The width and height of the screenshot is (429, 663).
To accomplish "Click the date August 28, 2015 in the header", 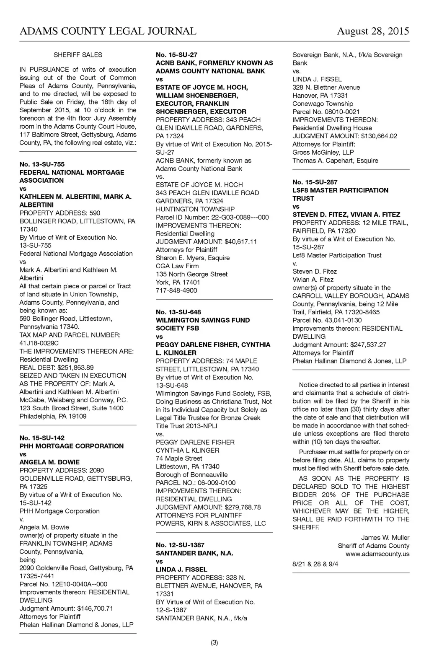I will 373,31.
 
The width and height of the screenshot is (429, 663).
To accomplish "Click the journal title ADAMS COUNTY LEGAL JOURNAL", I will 108,31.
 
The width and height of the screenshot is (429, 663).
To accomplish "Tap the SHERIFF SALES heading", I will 78,55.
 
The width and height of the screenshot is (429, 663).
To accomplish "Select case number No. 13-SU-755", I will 42,164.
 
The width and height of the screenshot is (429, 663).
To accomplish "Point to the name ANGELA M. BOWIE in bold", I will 49,462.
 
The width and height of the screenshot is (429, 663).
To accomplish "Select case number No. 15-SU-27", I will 176,55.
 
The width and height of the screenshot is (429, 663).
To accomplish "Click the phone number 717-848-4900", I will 176,290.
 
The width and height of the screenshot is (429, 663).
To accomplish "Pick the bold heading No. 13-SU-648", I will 178,312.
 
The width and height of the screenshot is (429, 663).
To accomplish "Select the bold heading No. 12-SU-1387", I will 180,545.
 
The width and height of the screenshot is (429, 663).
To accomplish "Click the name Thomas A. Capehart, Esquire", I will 335,161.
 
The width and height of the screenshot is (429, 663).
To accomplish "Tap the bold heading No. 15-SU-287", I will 315,182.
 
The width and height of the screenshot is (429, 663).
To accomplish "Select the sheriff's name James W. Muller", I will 385,538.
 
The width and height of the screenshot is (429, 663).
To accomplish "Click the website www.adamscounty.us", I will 377,554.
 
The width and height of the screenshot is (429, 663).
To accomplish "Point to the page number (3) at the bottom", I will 214,643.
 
